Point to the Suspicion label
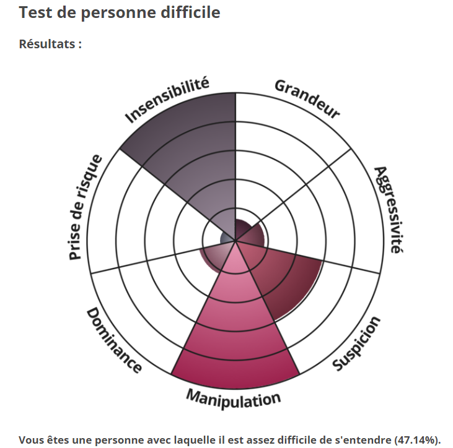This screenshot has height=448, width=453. coord(356,345)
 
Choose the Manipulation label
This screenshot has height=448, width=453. coord(234,397)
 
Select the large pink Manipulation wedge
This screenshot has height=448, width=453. coord(234,334)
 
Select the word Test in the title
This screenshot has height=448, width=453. coord(35,12)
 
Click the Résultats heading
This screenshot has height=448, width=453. coord(50,44)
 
